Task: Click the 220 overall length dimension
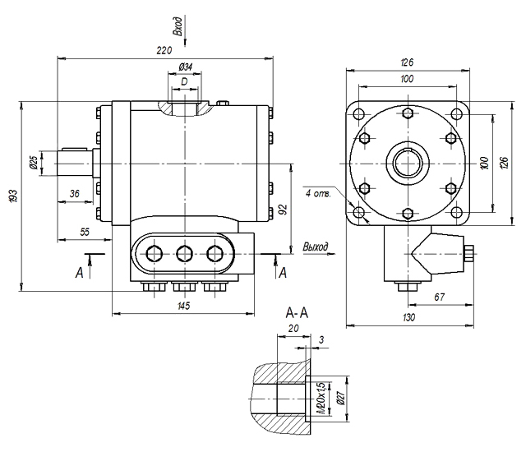pos(164,50)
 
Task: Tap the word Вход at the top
pos(178,26)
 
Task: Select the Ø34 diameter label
pos(186,67)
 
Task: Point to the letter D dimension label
pos(184,81)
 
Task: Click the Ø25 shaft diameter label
pos(33,162)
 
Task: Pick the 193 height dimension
pos(13,196)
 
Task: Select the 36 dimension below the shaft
pos(75,193)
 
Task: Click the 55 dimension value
pos(85,232)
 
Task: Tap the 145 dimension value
pos(184,306)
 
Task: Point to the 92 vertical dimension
pos(284,210)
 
